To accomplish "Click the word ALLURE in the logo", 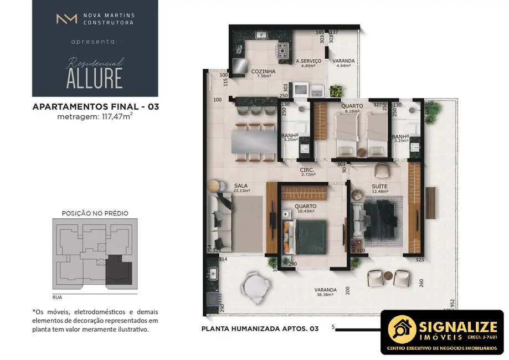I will click(x=94, y=78).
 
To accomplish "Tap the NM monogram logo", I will click(x=66, y=19).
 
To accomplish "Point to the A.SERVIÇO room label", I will click(x=306, y=61).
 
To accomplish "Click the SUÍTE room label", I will click(x=379, y=186).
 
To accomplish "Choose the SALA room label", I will click(x=241, y=186).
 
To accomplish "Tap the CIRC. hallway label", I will click(x=307, y=169).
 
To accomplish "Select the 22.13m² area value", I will click(x=241, y=191).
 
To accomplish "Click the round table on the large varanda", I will click(x=256, y=287).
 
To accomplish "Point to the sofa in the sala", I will click(x=220, y=219).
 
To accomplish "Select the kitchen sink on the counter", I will click(x=261, y=35).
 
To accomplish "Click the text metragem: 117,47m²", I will click(x=95, y=116).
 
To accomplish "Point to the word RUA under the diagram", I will click(x=57, y=297).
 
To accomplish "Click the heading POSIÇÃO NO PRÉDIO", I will click(x=95, y=213).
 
